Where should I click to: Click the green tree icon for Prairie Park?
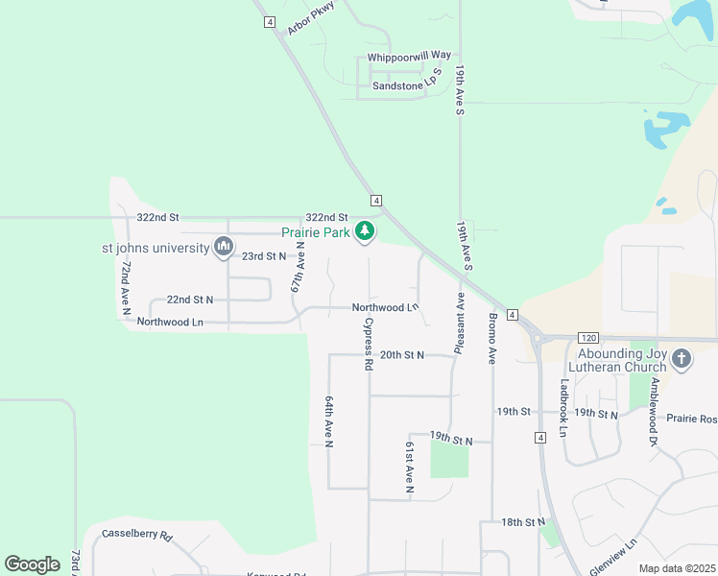click(x=364, y=231)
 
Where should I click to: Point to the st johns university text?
click(x=156, y=248)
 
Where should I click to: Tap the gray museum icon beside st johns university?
click(x=224, y=248)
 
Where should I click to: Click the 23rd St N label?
click(x=264, y=256)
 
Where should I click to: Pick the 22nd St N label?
click(x=190, y=300)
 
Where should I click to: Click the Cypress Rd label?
click(x=368, y=345)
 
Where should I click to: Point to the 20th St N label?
click(x=401, y=354)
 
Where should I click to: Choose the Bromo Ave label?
click(x=493, y=339)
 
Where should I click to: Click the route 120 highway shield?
click(x=588, y=338)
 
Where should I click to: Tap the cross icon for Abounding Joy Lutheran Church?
click(x=681, y=359)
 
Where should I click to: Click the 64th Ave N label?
click(x=329, y=421)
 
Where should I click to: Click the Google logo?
click(x=32, y=564)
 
